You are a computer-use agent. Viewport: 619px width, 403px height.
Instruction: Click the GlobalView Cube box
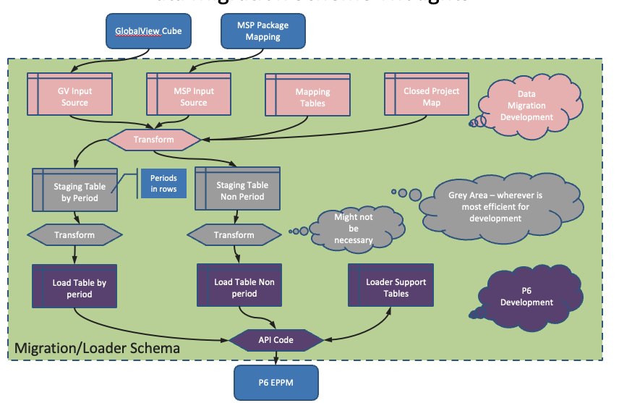(148, 31)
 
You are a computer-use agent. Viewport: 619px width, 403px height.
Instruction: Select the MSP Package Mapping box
(262, 31)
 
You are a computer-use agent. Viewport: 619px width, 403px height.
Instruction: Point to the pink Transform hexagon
(153, 139)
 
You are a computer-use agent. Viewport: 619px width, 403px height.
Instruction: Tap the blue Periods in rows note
(163, 183)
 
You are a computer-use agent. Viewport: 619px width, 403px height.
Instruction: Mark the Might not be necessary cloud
(353, 229)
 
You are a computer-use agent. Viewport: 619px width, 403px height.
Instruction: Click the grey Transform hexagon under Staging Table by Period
(74, 234)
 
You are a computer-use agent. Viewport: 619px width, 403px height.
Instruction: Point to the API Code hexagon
(276, 339)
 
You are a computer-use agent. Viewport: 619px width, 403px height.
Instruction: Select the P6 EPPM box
(276, 381)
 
